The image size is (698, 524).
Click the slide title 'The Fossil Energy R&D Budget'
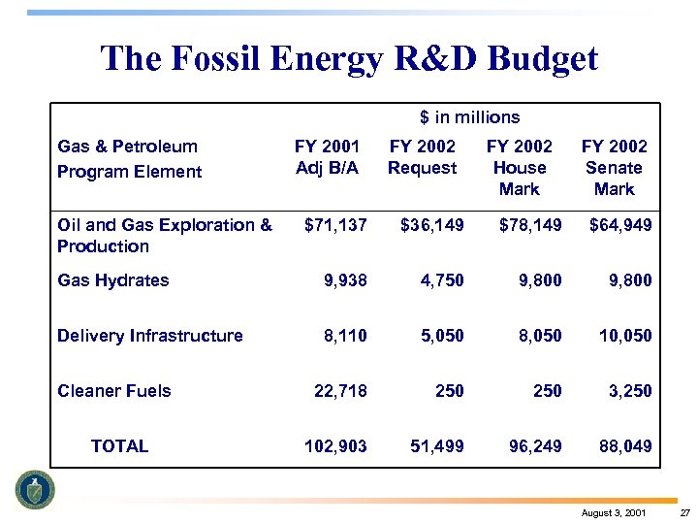[349, 59]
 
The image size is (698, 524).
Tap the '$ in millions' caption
[469, 117]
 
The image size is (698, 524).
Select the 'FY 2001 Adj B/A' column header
[327, 157]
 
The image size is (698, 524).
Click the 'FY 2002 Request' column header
[422, 157]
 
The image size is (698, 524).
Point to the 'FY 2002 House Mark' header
[519, 167]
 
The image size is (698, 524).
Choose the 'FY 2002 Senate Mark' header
[614, 167]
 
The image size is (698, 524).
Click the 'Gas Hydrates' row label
[112, 280]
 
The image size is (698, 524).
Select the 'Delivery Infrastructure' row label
[149, 336]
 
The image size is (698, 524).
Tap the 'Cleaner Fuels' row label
[113, 391]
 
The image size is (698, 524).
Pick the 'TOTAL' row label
[119, 446]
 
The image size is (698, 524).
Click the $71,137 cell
[335, 225]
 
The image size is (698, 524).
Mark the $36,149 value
[431, 225]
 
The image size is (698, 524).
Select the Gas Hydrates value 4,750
[441, 280]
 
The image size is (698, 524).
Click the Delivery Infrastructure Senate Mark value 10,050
[625, 336]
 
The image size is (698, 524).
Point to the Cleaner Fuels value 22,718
[340, 391]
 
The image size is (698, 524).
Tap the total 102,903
[335, 446]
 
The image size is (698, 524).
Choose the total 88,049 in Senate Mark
[625, 446]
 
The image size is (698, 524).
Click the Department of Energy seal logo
[36, 490]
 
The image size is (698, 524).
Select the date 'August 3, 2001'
[615, 512]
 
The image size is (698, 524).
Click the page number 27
[683, 512]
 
